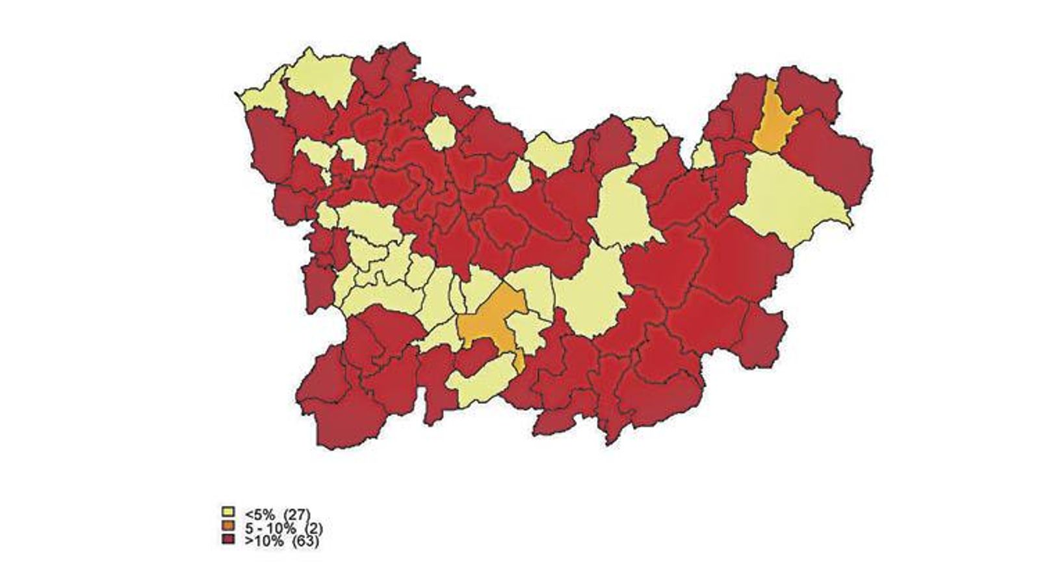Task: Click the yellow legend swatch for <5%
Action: (x=227, y=512)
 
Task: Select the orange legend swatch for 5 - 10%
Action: (x=227, y=526)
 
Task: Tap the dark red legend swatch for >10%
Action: (x=227, y=540)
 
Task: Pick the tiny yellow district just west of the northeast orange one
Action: (x=703, y=155)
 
